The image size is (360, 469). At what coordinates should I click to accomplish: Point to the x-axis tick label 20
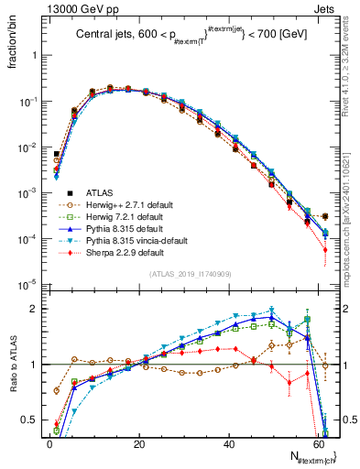139,442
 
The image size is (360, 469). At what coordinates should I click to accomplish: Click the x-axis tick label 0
49,442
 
